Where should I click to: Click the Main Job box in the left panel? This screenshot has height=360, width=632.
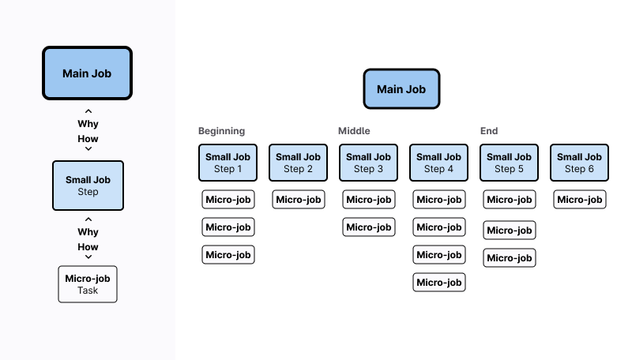[87, 73]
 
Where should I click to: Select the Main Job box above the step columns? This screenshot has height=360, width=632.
[401, 89]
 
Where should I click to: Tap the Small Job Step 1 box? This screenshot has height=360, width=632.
[229, 163]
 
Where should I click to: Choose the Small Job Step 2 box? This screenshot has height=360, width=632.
[299, 163]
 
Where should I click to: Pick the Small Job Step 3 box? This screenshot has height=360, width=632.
[368, 163]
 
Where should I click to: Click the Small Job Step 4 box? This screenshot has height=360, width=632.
[438, 163]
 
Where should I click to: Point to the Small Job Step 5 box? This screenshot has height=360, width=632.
[509, 163]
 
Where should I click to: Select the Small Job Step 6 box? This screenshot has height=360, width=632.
[579, 163]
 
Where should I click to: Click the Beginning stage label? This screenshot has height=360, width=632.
[221, 131]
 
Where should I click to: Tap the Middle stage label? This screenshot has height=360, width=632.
[354, 131]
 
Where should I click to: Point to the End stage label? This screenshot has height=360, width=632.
[489, 131]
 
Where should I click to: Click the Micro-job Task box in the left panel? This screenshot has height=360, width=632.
[88, 284]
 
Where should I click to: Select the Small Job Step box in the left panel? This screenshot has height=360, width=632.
[88, 186]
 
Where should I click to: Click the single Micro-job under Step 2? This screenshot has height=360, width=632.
[299, 200]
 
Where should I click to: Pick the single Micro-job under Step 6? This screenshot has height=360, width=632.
[579, 200]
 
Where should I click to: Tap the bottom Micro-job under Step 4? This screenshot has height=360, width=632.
[438, 283]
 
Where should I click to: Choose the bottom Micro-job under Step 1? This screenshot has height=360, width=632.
[228, 254]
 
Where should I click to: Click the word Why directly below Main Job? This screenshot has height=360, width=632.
[88, 124]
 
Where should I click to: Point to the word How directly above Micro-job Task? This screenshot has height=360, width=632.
[88, 247]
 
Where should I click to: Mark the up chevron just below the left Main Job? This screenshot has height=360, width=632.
[88, 111]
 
